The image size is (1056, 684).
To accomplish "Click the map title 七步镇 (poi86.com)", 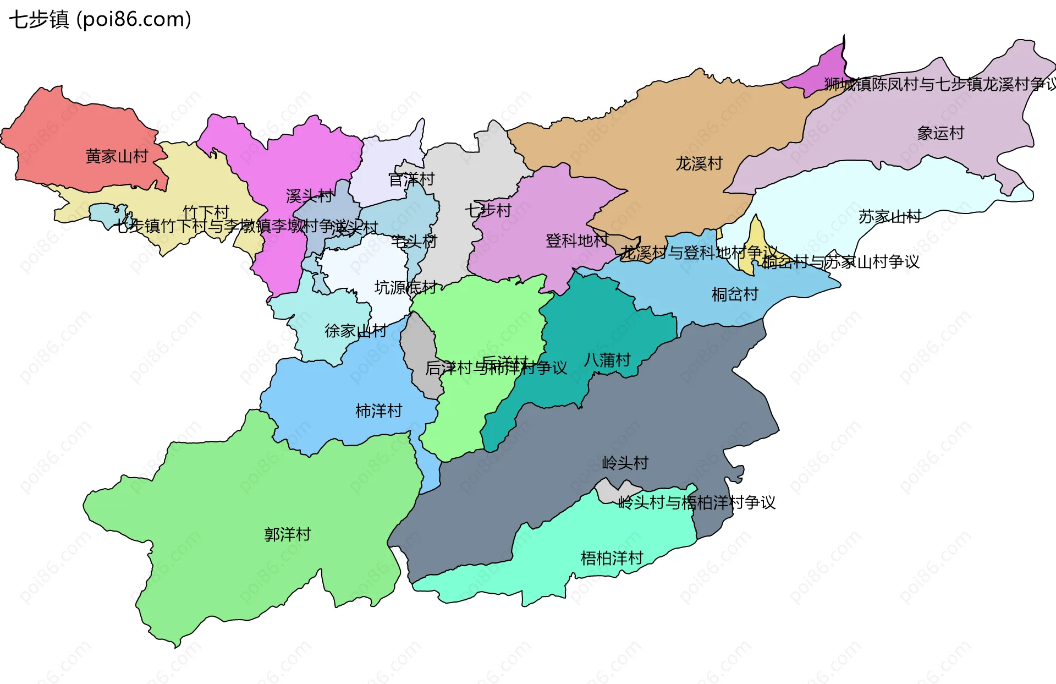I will point(100,19).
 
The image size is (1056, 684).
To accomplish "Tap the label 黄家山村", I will point(117,156).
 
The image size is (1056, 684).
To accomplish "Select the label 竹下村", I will point(206,212).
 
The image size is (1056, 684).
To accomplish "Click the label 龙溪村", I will point(698,163).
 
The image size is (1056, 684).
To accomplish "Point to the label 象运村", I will point(941,133).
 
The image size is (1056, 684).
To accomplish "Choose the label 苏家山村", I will point(889,217).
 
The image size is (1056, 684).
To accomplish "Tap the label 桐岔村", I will point(735,294).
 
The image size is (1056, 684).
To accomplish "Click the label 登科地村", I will point(576,240).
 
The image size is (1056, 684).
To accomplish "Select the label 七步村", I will point(488,210).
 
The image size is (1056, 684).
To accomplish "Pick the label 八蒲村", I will point(607,360).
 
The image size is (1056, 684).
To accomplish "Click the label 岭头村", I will point(625,463).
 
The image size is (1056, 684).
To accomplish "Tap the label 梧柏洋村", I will point(612,558).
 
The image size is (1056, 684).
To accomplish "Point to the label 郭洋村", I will point(287,534).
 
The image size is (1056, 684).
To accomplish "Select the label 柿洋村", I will point(378,411).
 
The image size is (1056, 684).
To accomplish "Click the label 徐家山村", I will point(355,331).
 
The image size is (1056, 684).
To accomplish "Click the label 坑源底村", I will point(405,287).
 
